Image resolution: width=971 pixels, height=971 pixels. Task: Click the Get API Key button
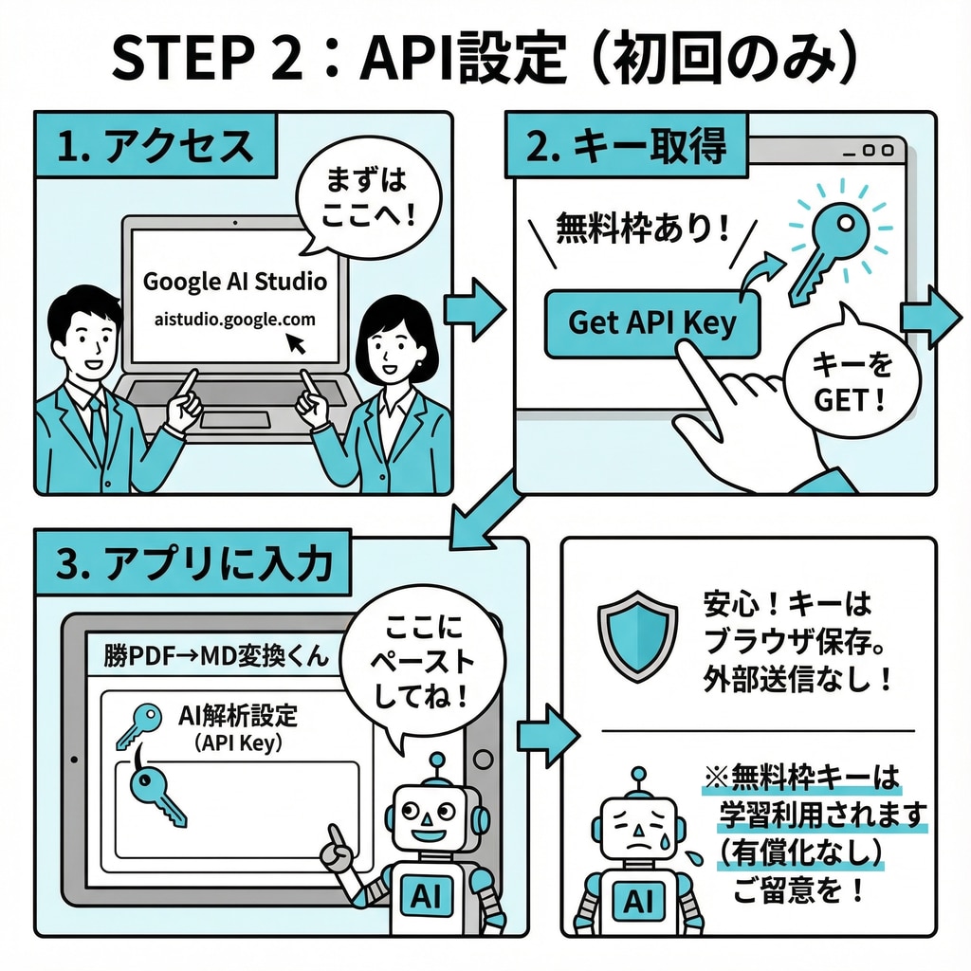click(x=652, y=322)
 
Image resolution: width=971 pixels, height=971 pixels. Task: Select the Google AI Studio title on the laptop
click(x=234, y=282)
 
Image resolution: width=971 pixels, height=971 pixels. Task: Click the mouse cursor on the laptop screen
click(x=300, y=342)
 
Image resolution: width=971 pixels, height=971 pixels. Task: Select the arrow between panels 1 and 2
click(x=474, y=309)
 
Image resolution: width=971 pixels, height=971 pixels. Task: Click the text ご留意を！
click(x=797, y=890)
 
